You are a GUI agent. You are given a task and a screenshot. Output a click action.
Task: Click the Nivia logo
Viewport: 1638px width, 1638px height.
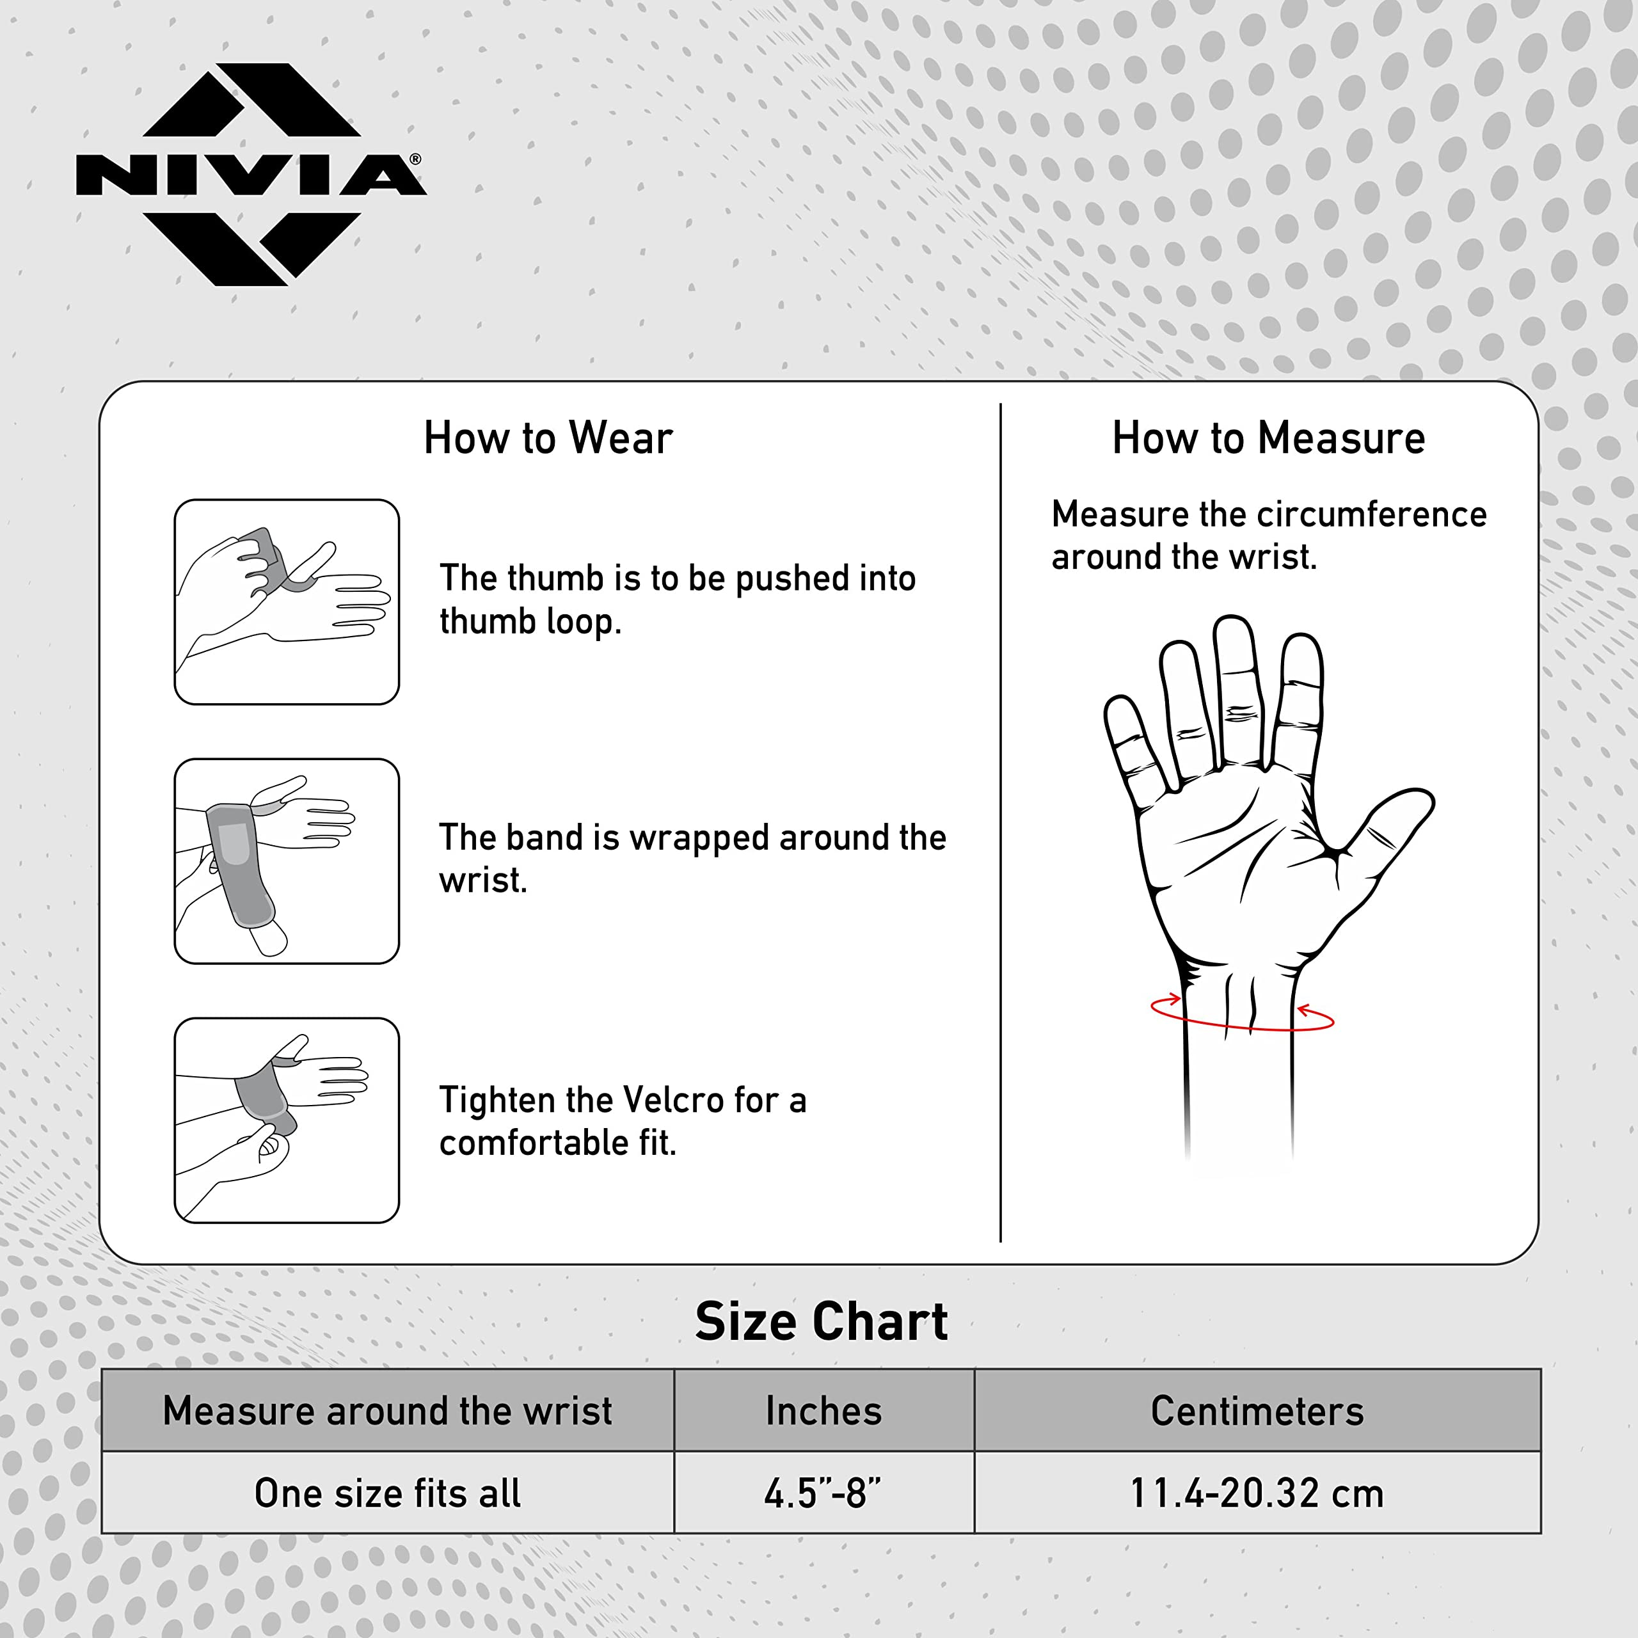click(x=251, y=174)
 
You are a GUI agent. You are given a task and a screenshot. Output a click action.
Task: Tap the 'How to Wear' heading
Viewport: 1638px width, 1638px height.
click(x=548, y=438)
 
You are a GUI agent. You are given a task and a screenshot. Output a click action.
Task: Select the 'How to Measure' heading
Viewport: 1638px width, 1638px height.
click(x=1268, y=438)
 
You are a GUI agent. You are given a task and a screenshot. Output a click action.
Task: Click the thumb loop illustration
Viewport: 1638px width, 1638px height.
click(x=287, y=602)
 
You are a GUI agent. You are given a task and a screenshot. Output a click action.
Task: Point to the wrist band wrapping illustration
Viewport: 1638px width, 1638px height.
click(x=287, y=861)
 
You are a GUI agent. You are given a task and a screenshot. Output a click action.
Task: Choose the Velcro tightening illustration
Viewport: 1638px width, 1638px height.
click(x=287, y=1121)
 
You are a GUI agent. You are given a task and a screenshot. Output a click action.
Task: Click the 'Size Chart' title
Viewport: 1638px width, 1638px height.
click(x=821, y=1322)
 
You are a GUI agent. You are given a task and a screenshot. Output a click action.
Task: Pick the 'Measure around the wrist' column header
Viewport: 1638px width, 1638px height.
click(x=388, y=1411)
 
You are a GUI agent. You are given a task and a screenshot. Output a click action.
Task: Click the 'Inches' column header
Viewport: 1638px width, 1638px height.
click(x=823, y=1411)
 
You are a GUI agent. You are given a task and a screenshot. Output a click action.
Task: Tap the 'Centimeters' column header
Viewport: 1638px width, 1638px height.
click(x=1257, y=1411)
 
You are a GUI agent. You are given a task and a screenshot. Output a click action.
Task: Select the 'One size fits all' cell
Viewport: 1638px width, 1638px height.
click(x=388, y=1493)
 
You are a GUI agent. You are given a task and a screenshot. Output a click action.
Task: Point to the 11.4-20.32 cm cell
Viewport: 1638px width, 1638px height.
click(x=1257, y=1493)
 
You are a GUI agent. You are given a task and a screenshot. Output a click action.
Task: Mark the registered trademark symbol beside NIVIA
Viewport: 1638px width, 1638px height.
click(x=415, y=159)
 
